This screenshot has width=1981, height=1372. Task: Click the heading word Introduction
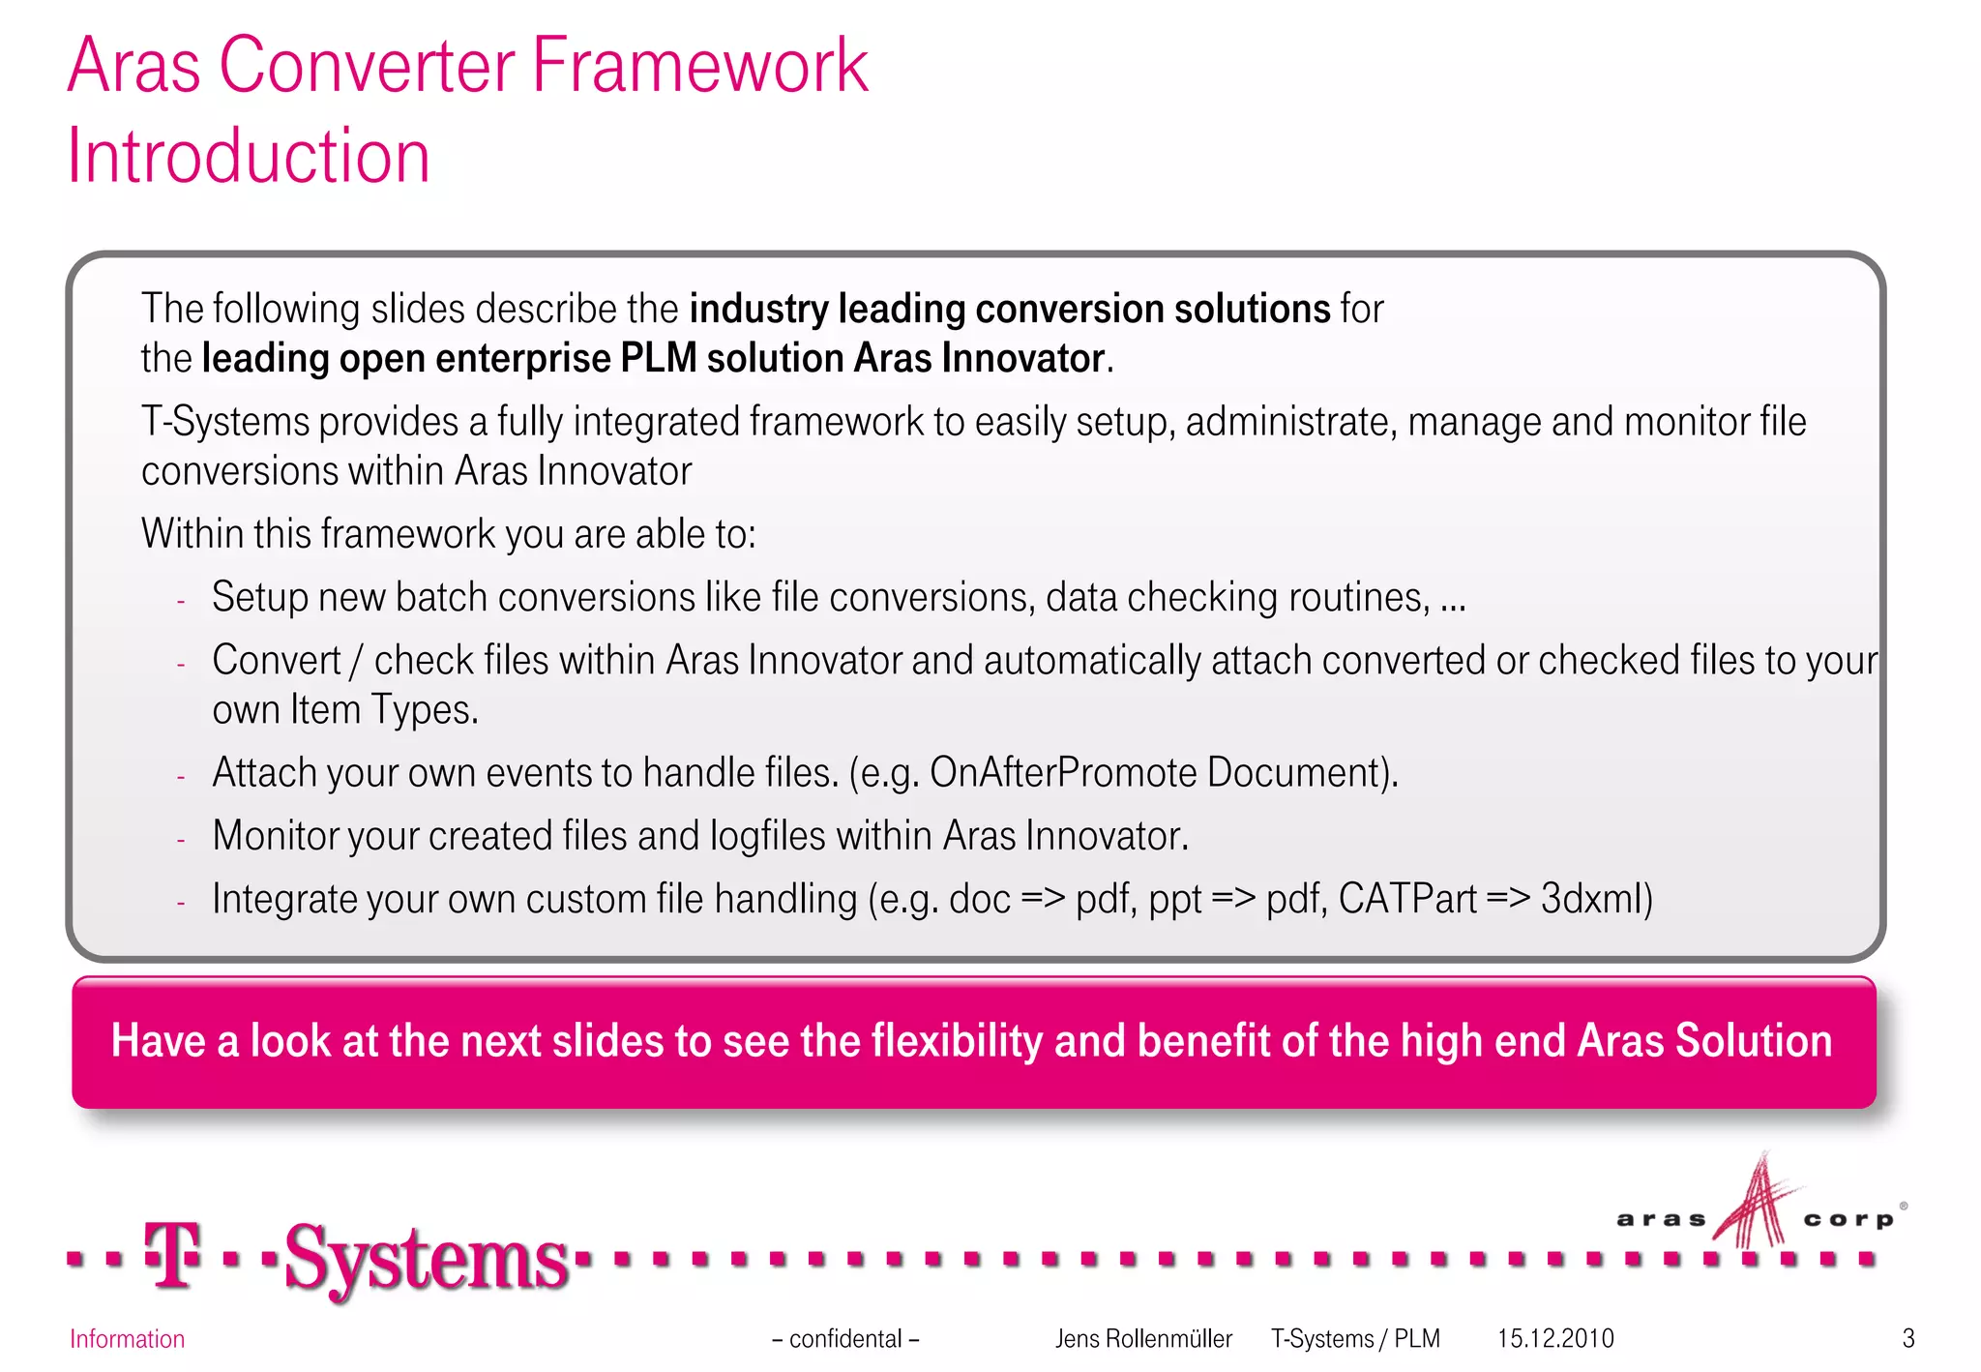pos(249,157)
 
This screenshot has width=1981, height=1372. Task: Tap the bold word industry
pos(758,309)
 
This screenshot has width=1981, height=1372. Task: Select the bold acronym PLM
pos(658,359)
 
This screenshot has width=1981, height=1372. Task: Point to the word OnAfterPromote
pos(1063,773)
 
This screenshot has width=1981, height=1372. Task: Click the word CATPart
pos(1407,899)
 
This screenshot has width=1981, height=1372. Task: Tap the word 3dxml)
pos(1596,899)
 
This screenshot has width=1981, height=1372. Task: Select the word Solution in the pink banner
pos(1753,1041)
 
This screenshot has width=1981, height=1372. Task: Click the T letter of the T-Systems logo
pos(173,1255)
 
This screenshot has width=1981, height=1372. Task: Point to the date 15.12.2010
pos(1555,1339)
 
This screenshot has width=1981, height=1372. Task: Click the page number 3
pos(1907,1339)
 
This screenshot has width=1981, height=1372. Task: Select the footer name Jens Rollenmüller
pos(1143,1339)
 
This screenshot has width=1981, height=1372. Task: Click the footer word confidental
pos(845,1339)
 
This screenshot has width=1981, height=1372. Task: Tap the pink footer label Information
pos(127,1339)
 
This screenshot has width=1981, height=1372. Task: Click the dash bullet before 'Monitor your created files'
pos(181,840)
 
